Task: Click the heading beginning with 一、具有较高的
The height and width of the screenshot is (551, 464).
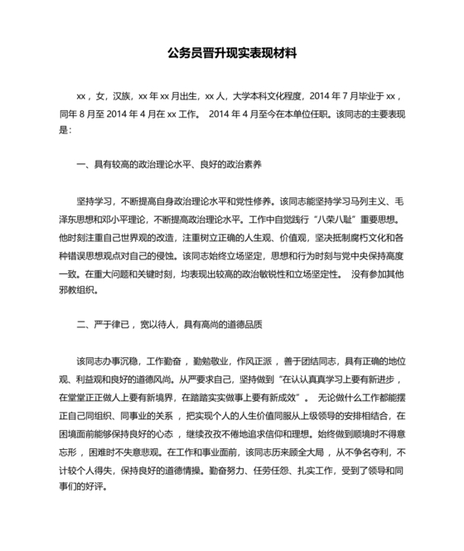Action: [x=169, y=166]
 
